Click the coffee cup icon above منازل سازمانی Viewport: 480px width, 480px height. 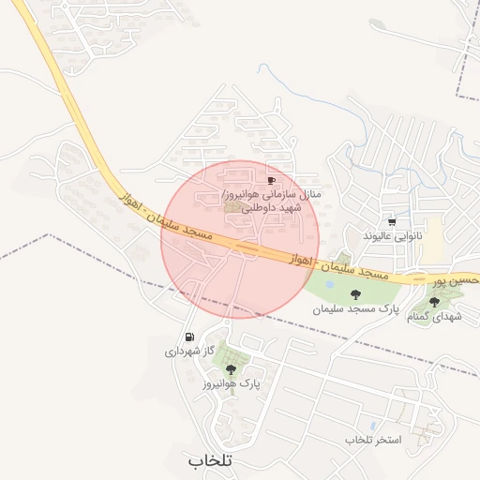pyautogui.click(x=272, y=179)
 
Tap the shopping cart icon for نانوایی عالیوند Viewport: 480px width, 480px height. pyautogui.click(x=391, y=222)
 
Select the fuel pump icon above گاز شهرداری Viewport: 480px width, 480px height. pyautogui.click(x=190, y=337)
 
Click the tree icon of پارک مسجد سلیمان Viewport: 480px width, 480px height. pyautogui.click(x=353, y=294)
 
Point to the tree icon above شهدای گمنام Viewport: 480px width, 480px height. pyautogui.click(x=434, y=302)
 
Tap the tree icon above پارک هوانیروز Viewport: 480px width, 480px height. pyautogui.click(x=231, y=370)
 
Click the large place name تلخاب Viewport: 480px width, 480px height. pyautogui.click(x=209, y=460)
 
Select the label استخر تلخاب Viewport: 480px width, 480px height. pyautogui.click(x=372, y=440)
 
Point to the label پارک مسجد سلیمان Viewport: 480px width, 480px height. pyautogui.click(x=355, y=308)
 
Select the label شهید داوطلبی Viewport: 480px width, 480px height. pyautogui.click(x=273, y=207)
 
